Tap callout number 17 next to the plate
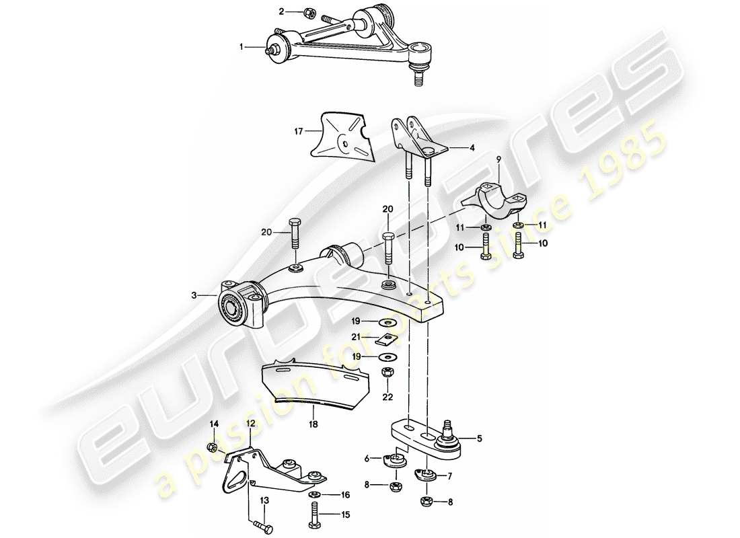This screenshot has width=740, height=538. [x=299, y=132]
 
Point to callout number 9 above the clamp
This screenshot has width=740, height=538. [x=498, y=158]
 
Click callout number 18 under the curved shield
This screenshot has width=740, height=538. [x=313, y=425]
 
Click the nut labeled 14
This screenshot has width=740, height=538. [x=211, y=447]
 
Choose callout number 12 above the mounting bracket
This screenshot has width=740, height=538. [x=250, y=424]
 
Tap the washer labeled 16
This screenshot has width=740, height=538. [x=314, y=496]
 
